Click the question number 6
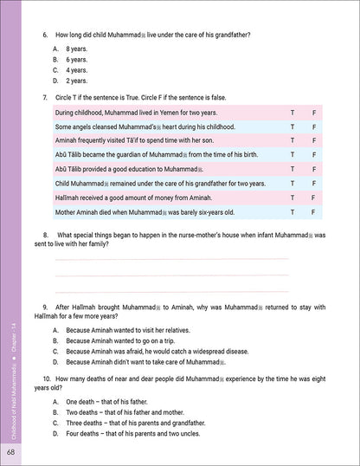45,34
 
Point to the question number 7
45,97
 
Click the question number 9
45,307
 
